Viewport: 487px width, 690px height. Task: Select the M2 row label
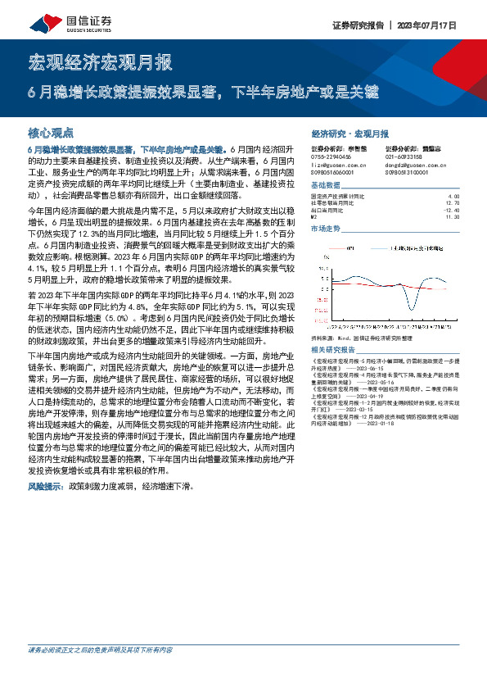click(315, 216)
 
